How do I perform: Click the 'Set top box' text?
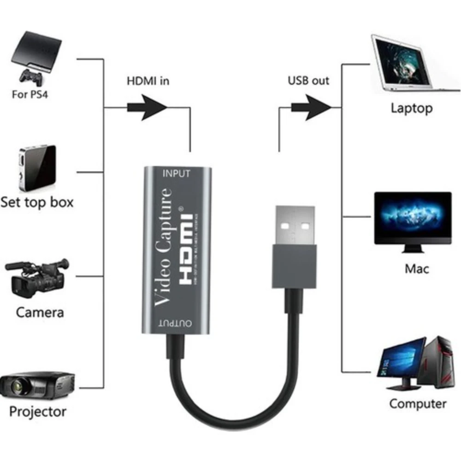pyautogui.click(x=37, y=202)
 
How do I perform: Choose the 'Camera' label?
pyautogui.click(x=40, y=312)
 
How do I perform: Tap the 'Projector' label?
pyautogui.click(x=38, y=411)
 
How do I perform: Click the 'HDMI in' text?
pyautogui.click(x=148, y=81)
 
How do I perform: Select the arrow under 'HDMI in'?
pyautogui.click(x=147, y=107)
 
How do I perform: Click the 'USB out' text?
pyautogui.click(x=308, y=81)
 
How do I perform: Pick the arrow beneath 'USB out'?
pyautogui.click(x=311, y=107)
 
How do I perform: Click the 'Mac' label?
pyautogui.click(x=416, y=268)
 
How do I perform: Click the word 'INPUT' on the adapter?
pyautogui.click(x=177, y=174)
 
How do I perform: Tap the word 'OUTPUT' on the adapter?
pyautogui.click(x=177, y=323)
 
